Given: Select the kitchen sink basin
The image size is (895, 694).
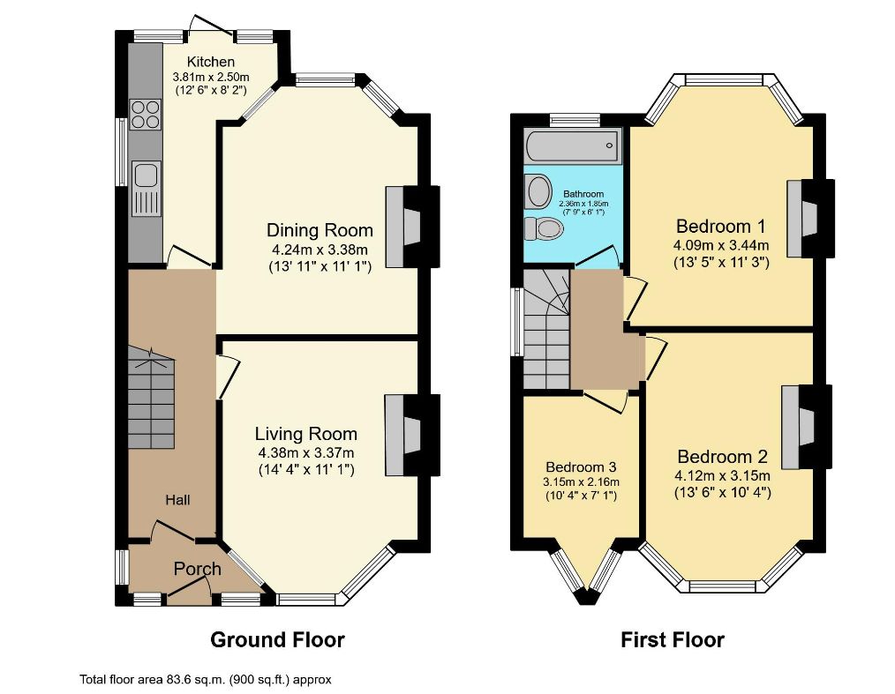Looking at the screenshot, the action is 145,174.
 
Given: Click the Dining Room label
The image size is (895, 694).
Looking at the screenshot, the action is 320,230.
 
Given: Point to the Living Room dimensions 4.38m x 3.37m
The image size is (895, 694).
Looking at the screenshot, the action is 306,452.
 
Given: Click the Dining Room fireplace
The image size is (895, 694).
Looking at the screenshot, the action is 403,227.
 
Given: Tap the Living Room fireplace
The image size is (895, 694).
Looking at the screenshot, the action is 402,435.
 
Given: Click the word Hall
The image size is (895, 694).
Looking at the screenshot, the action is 177,500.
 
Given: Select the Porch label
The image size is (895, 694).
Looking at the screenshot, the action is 197,569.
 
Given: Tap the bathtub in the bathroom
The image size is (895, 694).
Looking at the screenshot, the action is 572,146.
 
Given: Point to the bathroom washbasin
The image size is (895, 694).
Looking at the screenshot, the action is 538,191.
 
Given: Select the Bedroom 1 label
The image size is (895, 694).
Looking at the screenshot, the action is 720,227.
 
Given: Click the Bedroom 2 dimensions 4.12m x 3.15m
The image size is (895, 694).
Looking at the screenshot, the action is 722,475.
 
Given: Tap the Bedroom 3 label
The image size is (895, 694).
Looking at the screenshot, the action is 581,467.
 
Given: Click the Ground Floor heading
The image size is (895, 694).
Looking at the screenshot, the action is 277,639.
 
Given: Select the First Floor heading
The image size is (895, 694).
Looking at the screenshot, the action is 673,639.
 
